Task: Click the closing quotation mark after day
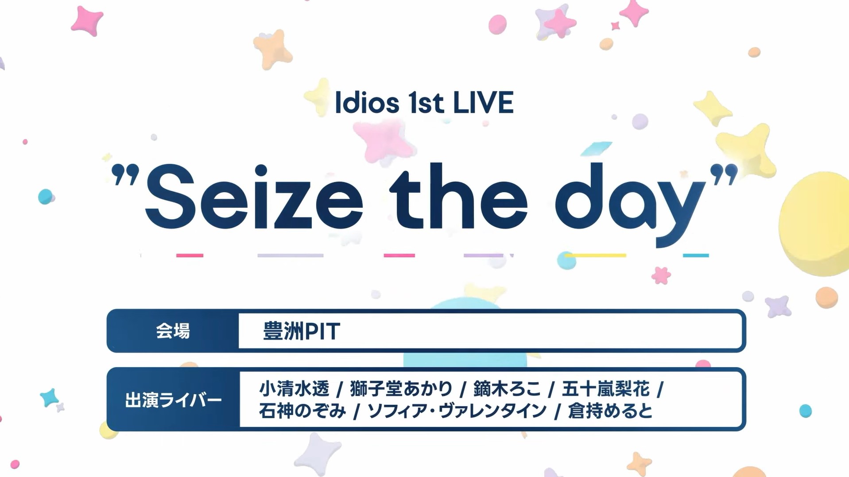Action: click(724, 174)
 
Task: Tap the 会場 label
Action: click(173, 331)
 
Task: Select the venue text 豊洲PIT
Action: click(302, 331)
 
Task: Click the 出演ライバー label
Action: click(173, 400)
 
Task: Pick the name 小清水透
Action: click(294, 388)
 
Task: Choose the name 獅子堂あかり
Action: click(401, 388)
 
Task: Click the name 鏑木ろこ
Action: click(507, 388)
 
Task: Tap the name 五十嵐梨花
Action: click(605, 388)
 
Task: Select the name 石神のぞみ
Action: click(302, 411)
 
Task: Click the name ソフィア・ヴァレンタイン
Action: click(457, 411)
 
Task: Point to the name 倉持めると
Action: click(610, 411)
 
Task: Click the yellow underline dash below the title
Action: click(595, 255)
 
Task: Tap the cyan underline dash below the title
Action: click(696, 255)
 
